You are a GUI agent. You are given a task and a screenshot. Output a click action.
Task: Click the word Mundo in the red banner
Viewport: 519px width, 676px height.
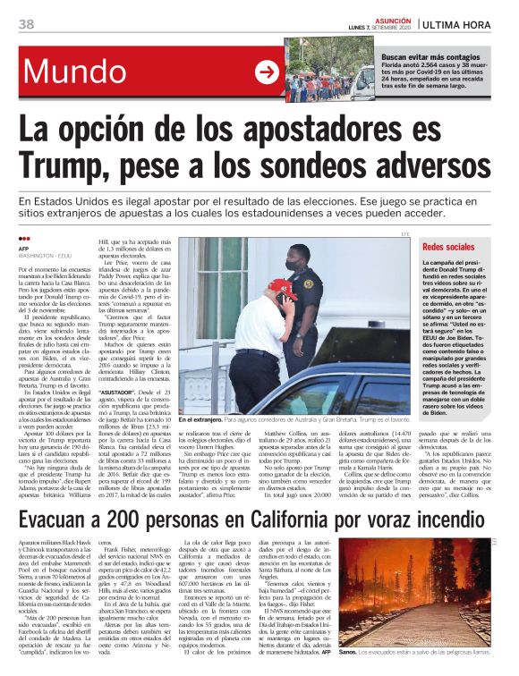pyautogui.click(x=76, y=72)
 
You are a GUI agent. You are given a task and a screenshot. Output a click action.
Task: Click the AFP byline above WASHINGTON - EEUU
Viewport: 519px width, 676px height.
pyautogui.click(x=24, y=249)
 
